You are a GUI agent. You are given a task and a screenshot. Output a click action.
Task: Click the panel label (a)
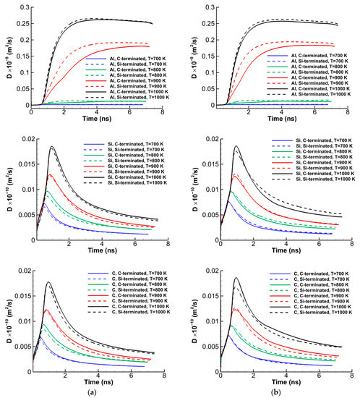pos(90,391)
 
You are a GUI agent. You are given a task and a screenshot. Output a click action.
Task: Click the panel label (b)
pos(271,391)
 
